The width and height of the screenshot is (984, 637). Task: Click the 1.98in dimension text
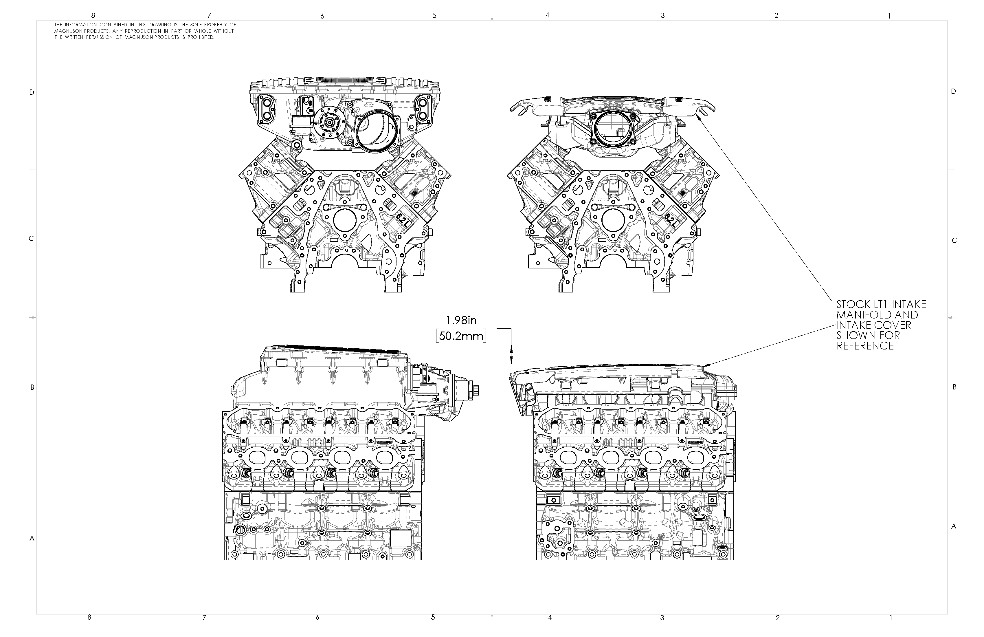(x=461, y=320)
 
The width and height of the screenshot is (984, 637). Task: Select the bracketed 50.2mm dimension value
(x=461, y=336)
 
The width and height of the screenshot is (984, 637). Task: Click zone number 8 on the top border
(x=93, y=15)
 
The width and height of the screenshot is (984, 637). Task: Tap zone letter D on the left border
(x=32, y=92)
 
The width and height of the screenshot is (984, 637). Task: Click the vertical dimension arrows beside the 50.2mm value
(x=511, y=354)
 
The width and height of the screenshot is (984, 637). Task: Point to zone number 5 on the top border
(x=434, y=15)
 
